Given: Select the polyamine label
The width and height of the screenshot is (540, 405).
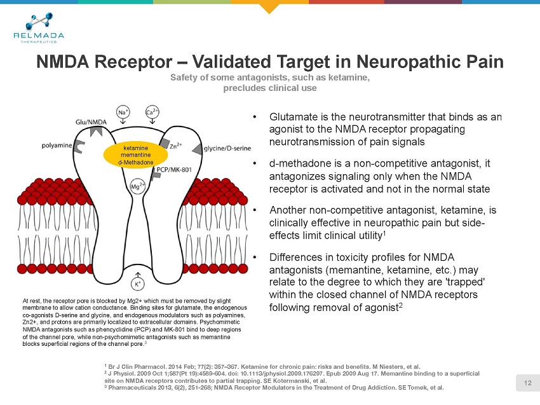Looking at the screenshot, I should click(57, 146).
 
